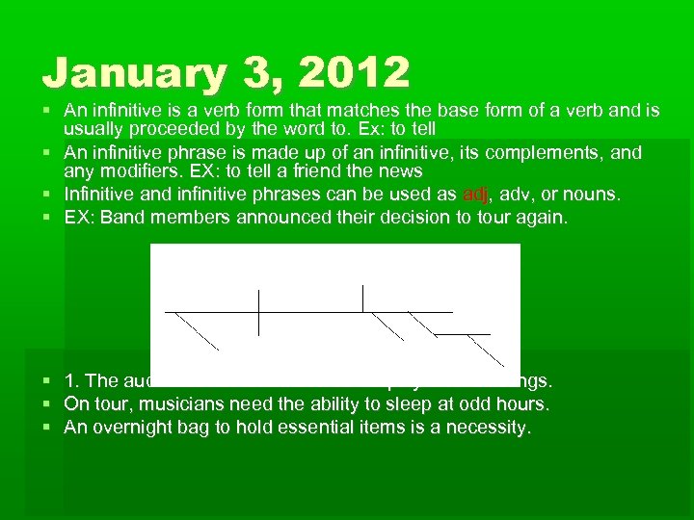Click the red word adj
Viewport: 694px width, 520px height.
click(476, 195)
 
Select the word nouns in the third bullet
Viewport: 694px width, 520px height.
click(595, 195)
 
